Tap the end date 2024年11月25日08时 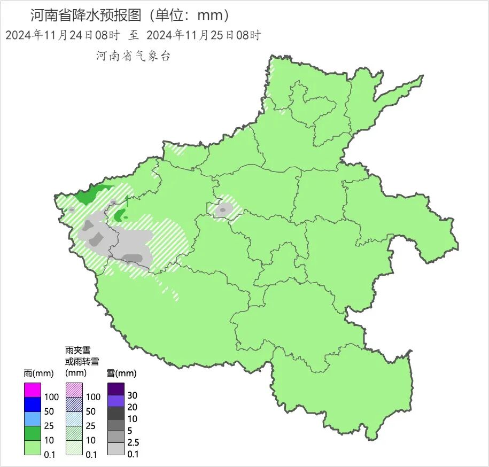click(x=203, y=36)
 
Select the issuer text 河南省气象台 click(x=133, y=56)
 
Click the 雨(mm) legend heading click(x=37, y=373)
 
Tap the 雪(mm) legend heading click(x=121, y=373)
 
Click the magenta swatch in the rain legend click(x=33, y=390)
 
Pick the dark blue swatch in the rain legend click(x=33, y=404)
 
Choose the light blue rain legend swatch click(x=33, y=419)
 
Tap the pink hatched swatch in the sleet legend click(x=74, y=390)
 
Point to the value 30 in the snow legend click(x=133, y=395)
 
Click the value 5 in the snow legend click(x=130, y=431)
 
